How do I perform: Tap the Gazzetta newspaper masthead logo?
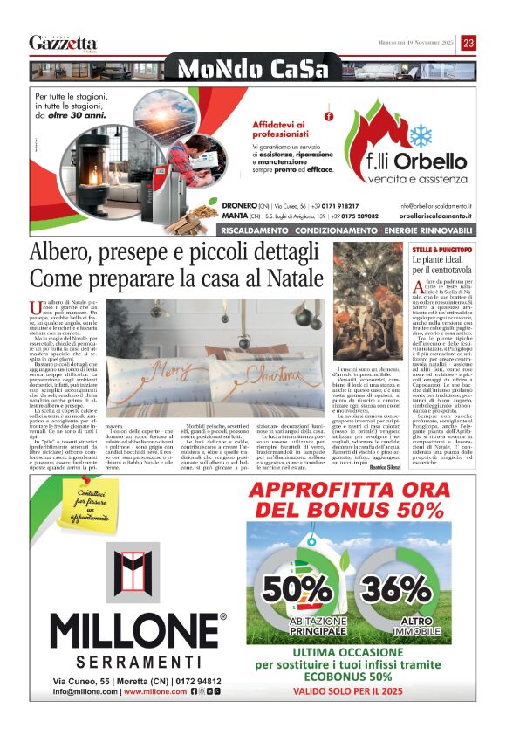tap(63, 43)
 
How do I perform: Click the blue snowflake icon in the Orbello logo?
tap(421, 134)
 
